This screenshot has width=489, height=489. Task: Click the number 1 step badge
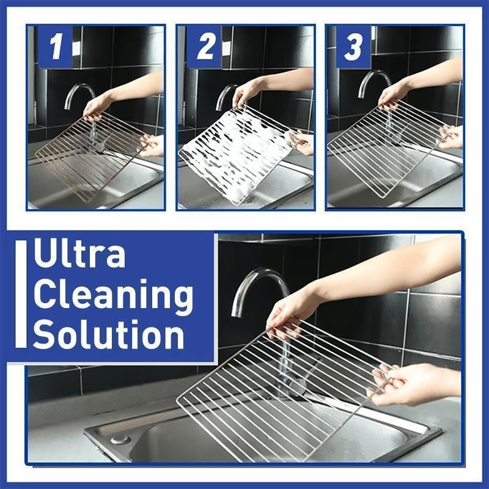click(56, 46)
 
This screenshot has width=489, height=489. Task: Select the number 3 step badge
click(353, 46)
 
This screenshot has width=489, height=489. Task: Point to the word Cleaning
click(113, 296)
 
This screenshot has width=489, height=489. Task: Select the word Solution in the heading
click(109, 335)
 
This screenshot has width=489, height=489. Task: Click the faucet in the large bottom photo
click(260, 287)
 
